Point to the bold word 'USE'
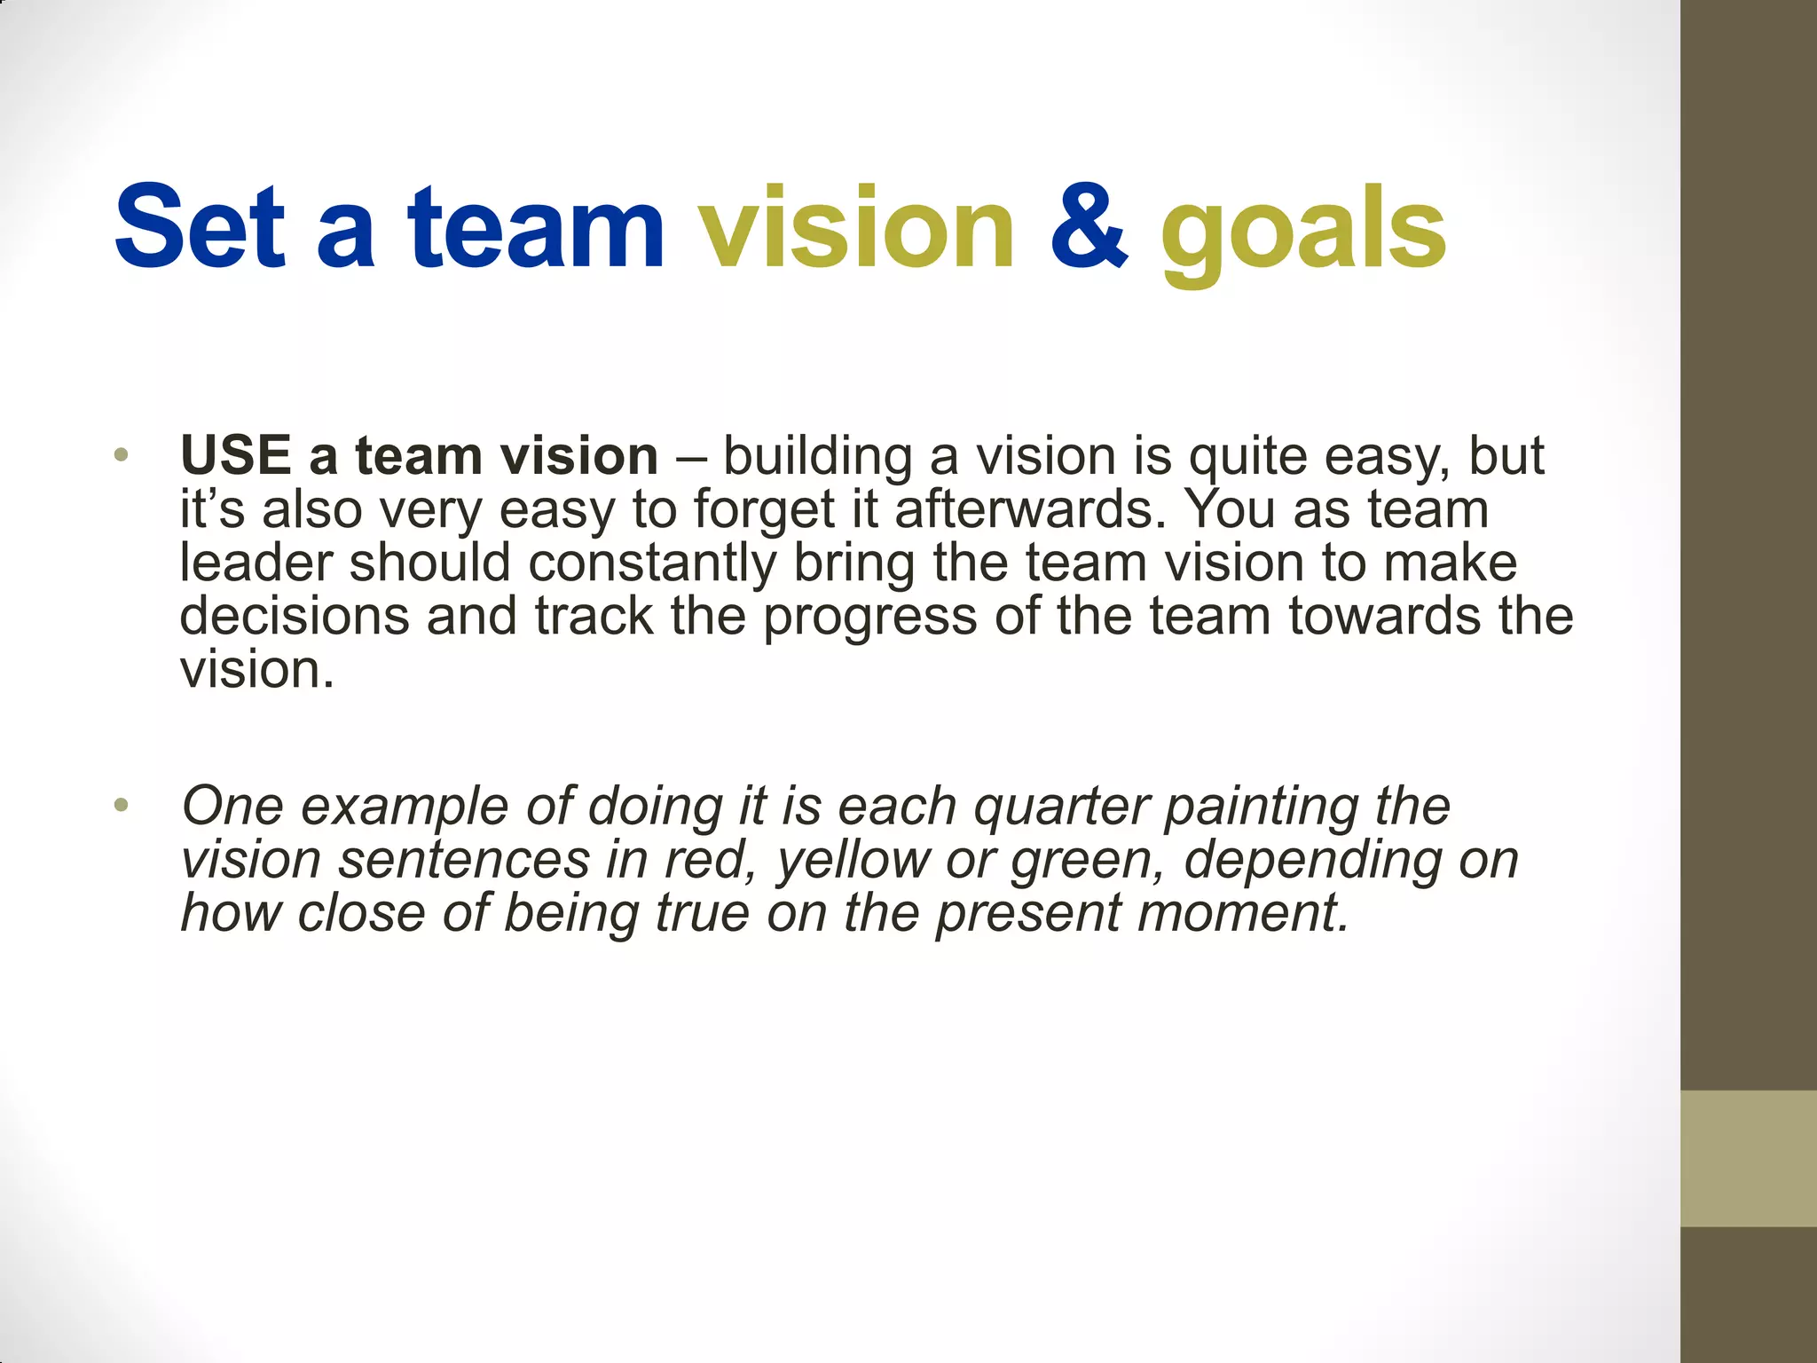click(236, 456)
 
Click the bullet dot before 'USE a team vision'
click(122, 457)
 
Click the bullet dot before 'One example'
click(122, 807)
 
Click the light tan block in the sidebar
click(1749, 1158)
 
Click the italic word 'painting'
click(1261, 808)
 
